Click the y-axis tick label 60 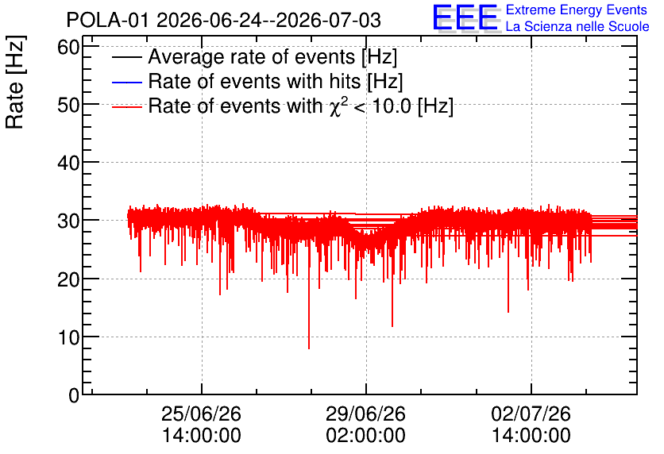coord(68,48)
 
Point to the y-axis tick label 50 coord(68,106)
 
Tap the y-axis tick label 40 coord(68,163)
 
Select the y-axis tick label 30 coord(68,221)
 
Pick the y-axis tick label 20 coord(68,279)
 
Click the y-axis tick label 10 coord(68,337)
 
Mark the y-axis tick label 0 coord(74,395)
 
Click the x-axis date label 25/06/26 coord(201,414)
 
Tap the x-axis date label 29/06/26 coord(365,414)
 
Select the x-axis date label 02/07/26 coord(531,414)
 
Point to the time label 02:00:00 coord(365,436)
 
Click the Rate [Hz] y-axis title coord(15,82)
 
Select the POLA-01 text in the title coord(107,20)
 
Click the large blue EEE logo coord(465,17)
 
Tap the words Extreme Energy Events coord(577,10)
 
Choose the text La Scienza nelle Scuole coord(577,27)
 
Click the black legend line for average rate coord(126,57)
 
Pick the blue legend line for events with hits coord(126,82)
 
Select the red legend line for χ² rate coord(126,107)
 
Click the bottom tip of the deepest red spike coord(309,348)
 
